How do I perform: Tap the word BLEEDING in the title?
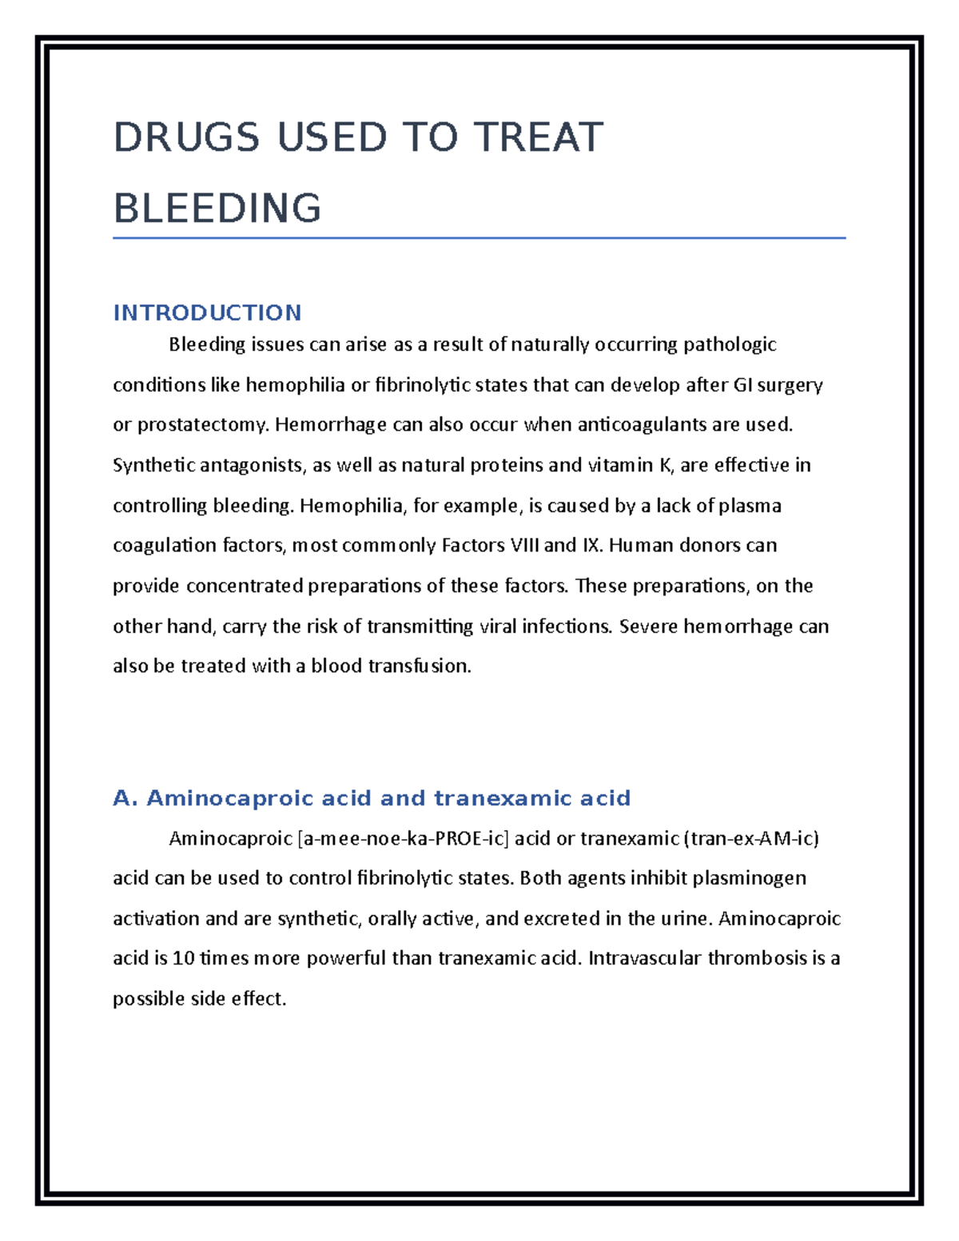tap(217, 209)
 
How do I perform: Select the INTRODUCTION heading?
tap(207, 312)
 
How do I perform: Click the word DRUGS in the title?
tap(186, 137)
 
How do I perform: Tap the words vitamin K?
tap(631, 465)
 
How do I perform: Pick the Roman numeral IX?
tap(592, 546)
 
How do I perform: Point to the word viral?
tap(497, 626)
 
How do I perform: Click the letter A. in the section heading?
tap(126, 798)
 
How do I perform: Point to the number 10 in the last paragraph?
tap(184, 958)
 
